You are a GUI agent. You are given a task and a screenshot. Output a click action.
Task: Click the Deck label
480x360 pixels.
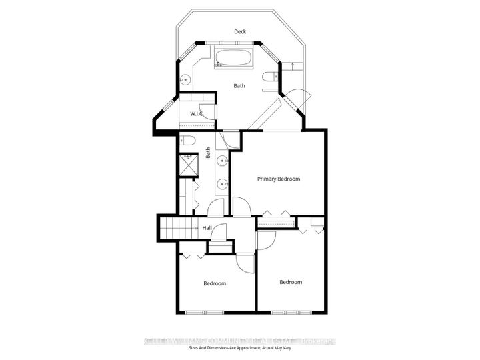pyautogui.click(x=239, y=31)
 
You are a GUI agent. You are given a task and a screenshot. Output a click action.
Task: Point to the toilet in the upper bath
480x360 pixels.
pyautogui.click(x=269, y=78)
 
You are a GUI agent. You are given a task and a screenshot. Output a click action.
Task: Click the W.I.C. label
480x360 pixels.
pyautogui.click(x=196, y=113)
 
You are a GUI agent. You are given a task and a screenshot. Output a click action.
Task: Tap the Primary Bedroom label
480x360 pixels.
pyautogui.click(x=279, y=179)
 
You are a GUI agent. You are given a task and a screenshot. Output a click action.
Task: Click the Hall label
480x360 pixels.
pyautogui.click(x=207, y=229)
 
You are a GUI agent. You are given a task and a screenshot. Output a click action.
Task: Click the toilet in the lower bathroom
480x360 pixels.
pyautogui.click(x=187, y=141)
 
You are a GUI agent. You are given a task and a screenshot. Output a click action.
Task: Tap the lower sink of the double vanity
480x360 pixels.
pyautogui.click(x=221, y=183)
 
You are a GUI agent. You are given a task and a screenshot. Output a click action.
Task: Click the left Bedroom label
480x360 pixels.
pyautogui.click(x=214, y=283)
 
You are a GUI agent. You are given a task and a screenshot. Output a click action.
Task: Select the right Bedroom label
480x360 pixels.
pyautogui.click(x=290, y=282)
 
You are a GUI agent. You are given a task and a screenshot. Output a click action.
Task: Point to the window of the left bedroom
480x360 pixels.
pyautogui.click(x=205, y=312)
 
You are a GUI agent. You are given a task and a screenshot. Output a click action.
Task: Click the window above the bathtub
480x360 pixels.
pyautogui.click(x=233, y=43)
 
